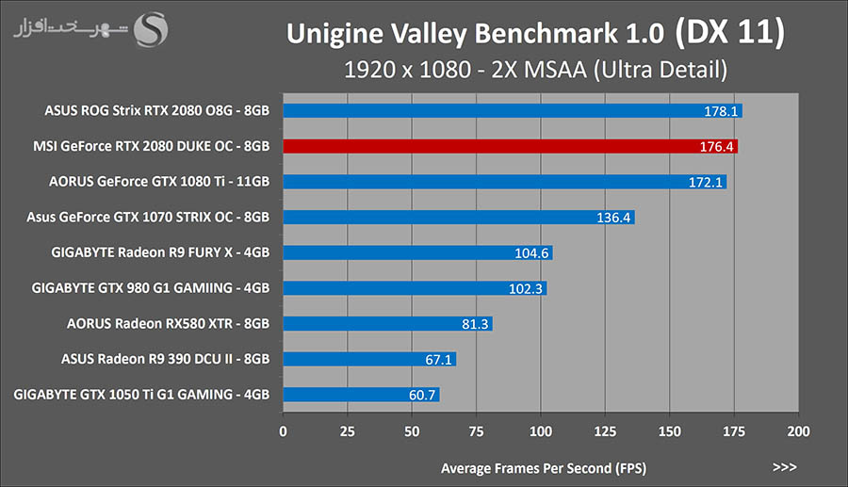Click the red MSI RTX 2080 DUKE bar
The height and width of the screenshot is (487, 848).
(509, 146)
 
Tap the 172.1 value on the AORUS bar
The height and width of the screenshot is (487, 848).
(705, 182)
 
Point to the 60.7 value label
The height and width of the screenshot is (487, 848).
(422, 395)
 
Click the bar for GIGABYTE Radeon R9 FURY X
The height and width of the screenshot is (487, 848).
(415, 252)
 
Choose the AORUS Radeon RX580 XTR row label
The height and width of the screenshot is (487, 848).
(169, 323)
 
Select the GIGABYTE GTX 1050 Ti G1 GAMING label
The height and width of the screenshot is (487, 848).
(142, 395)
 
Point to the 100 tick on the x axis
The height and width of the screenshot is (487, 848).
(541, 431)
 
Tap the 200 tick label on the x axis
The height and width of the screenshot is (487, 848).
(798, 431)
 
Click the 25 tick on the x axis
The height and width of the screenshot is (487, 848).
(347, 431)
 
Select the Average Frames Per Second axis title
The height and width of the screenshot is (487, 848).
(543, 467)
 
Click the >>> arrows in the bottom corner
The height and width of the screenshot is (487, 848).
(784, 466)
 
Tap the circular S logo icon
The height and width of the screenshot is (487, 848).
(153, 28)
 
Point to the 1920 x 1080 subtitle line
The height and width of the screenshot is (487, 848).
(535, 69)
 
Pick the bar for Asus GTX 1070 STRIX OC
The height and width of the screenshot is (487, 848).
(457, 218)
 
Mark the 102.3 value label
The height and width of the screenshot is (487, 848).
(526, 288)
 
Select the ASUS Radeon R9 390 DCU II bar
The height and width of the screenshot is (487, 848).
(367, 359)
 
